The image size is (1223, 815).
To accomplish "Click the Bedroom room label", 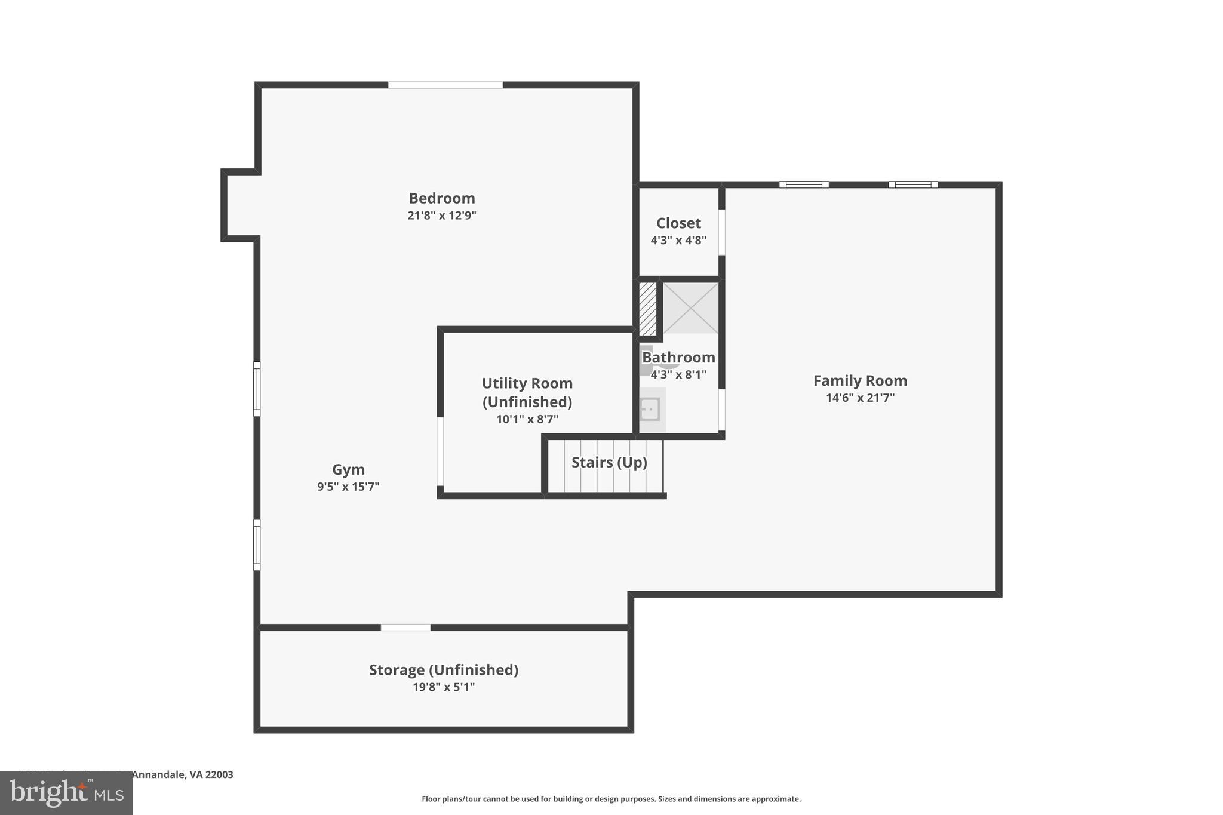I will click(x=441, y=198).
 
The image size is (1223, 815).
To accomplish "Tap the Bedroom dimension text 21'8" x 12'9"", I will click(x=441, y=216).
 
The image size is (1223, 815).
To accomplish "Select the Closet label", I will click(x=678, y=223).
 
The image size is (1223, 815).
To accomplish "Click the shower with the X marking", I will click(x=690, y=308).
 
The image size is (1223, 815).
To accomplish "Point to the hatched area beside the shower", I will click(x=647, y=308).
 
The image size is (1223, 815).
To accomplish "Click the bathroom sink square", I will click(x=650, y=410).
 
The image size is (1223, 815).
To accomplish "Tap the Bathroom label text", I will click(x=678, y=358).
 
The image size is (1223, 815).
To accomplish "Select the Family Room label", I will click(x=860, y=381).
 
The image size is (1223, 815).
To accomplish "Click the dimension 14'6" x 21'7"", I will click(x=860, y=398).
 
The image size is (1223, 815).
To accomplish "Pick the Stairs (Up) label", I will click(x=609, y=463).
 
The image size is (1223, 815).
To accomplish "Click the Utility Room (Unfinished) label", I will click(x=527, y=392).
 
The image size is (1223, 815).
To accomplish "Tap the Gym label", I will click(x=348, y=470).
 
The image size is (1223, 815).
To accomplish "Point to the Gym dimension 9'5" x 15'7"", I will click(x=348, y=487).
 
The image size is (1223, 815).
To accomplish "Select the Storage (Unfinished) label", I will click(x=443, y=670).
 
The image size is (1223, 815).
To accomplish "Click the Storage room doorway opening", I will click(x=405, y=628).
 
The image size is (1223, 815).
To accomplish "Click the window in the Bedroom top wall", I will click(x=445, y=85).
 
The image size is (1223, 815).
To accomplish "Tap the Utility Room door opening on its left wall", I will click(x=440, y=451).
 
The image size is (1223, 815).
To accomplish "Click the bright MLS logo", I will click(x=66, y=794).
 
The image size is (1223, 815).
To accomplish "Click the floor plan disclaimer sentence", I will click(x=611, y=799).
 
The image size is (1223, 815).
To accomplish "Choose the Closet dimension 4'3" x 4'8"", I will click(x=678, y=241).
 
